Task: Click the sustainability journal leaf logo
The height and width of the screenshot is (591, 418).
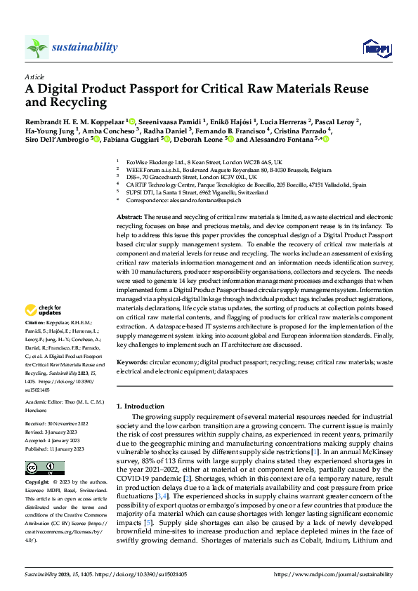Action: coord(37,47)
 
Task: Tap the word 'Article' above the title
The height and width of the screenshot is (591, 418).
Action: coord(34,77)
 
